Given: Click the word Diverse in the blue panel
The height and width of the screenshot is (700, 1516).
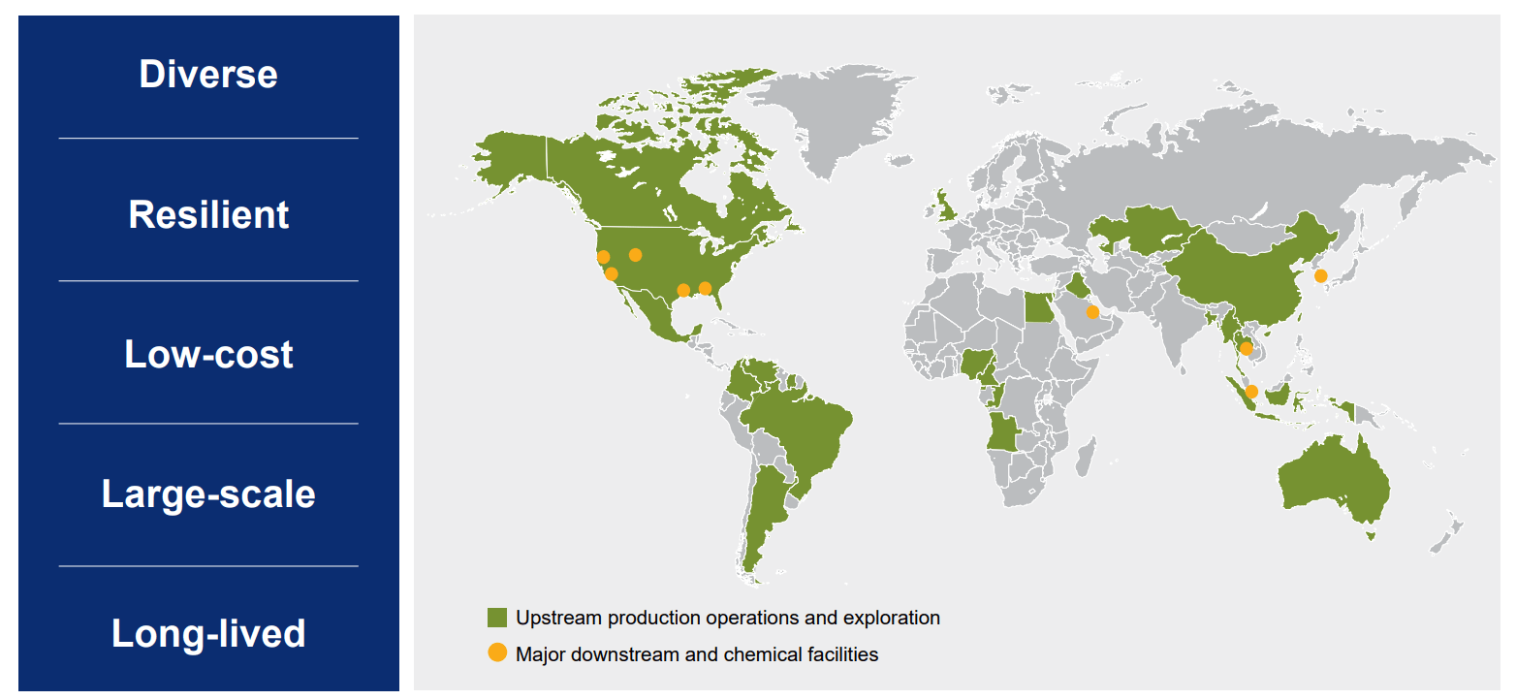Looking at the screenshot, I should pyautogui.click(x=208, y=75).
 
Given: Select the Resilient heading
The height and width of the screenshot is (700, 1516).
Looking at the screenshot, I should pyautogui.click(x=208, y=214).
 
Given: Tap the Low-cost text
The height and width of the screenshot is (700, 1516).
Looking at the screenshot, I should pyautogui.click(x=208, y=355).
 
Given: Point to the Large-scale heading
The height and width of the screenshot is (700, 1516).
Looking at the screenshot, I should pyautogui.click(x=208, y=494).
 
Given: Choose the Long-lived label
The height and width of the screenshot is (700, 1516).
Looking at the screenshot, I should pyautogui.click(x=208, y=634).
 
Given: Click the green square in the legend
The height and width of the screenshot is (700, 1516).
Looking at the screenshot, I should pyautogui.click(x=497, y=618).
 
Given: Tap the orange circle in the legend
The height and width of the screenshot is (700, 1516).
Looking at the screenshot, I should pyautogui.click(x=497, y=653).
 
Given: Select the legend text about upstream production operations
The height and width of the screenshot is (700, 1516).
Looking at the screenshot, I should pyautogui.click(x=727, y=618).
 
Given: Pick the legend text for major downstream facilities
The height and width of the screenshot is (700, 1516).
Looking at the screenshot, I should pyautogui.click(x=696, y=654).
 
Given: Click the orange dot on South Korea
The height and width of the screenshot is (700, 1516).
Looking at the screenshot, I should pyautogui.click(x=1320, y=276).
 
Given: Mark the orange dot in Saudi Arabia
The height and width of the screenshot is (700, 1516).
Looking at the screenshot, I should pyautogui.click(x=1092, y=312).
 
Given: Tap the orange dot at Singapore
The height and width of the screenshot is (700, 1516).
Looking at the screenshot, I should pyautogui.click(x=1251, y=392).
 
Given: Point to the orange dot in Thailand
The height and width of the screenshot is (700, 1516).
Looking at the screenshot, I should pyautogui.click(x=1247, y=349).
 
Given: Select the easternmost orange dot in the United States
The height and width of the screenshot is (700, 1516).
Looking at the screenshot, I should pyautogui.click(x=705, y=288).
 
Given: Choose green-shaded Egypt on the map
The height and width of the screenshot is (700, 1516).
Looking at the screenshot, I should pyautogui.click(x=1037, y=308).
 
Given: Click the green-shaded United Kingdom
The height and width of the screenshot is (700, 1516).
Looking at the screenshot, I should pyautogui.click(x=942, y=207).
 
